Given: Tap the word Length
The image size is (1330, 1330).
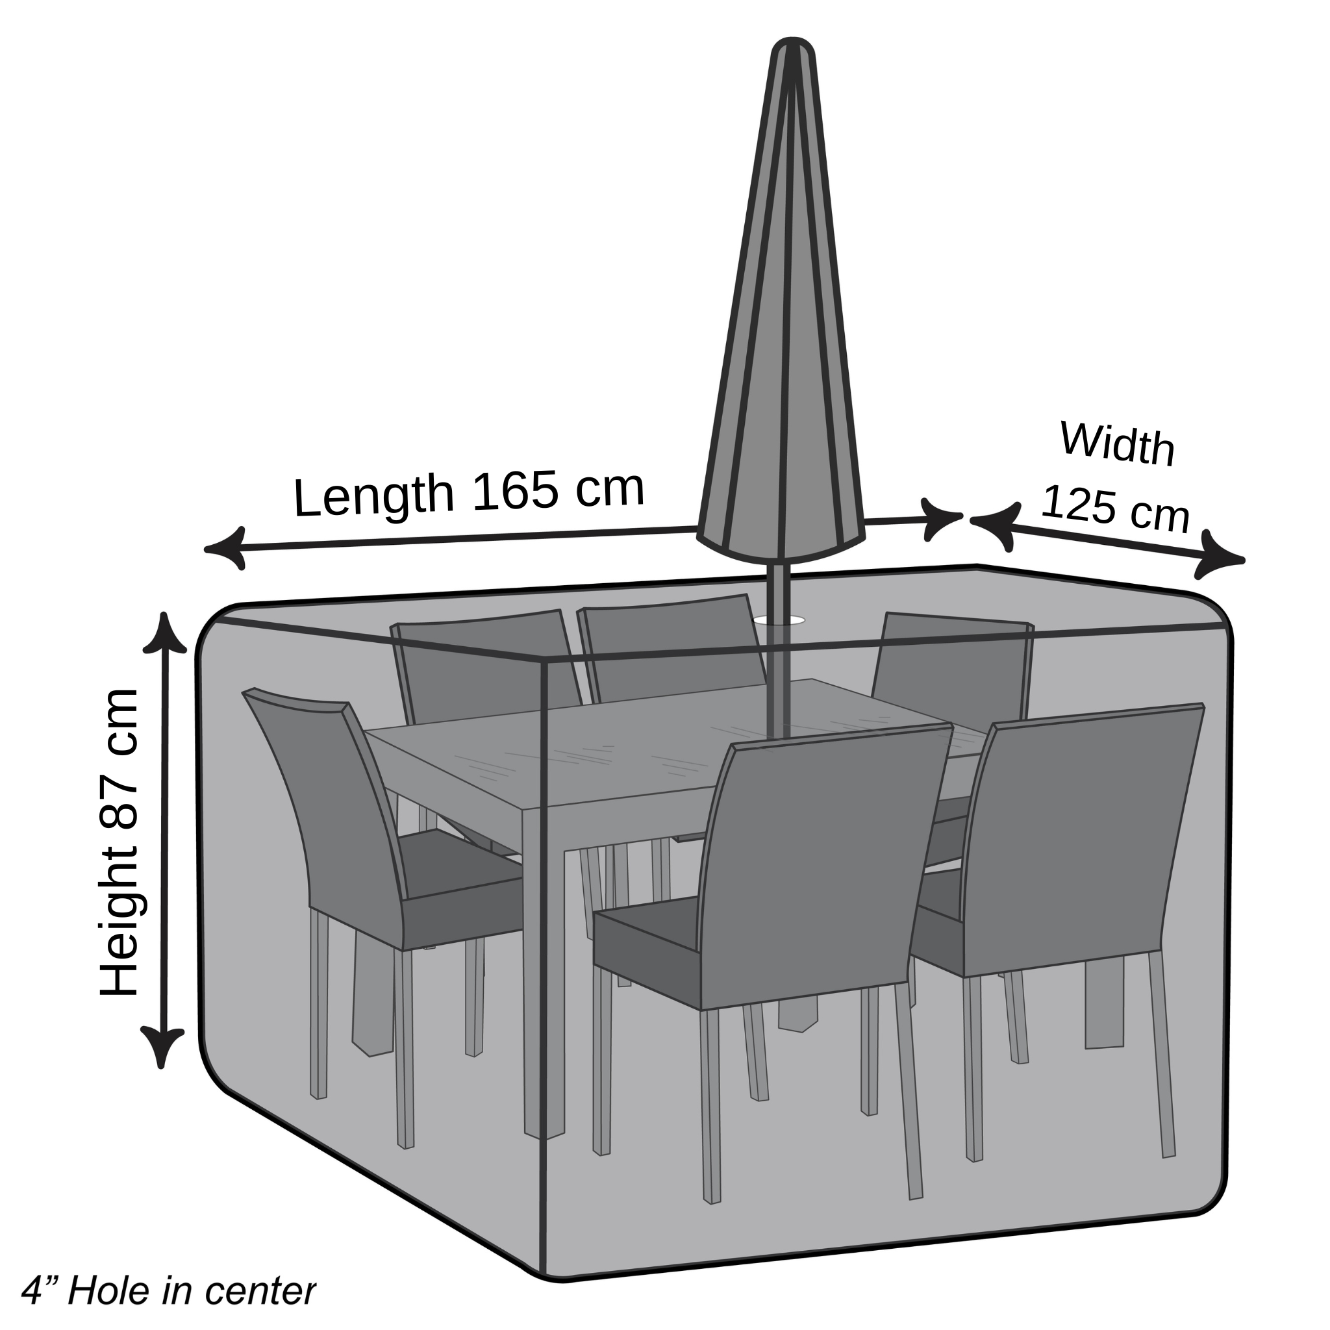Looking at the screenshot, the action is (x=374, y=497).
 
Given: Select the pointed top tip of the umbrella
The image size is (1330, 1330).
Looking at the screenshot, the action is (x=793, y=38).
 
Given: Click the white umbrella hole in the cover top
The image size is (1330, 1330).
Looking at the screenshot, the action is (x=779, y=620).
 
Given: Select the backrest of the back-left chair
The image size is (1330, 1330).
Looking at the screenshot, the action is (x=486, y=661).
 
